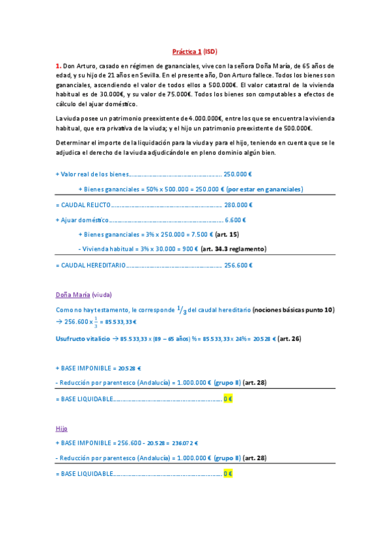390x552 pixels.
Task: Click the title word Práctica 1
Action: [186, 51]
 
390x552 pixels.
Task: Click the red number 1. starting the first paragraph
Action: [59, 66]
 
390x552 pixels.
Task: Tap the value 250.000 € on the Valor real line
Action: [238, 174]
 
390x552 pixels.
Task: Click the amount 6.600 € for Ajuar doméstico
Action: [235, 220]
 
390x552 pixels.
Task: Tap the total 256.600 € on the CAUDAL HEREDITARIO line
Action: [238, 265]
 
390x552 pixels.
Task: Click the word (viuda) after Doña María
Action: [102, 294]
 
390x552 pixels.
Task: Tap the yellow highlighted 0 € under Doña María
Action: [227, 398]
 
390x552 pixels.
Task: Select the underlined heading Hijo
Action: [62, 428]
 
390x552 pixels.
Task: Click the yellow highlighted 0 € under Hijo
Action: [227, 474]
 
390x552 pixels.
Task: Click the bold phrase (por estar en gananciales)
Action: [264, 189]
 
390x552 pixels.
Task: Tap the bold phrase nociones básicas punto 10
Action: [293, 310]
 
